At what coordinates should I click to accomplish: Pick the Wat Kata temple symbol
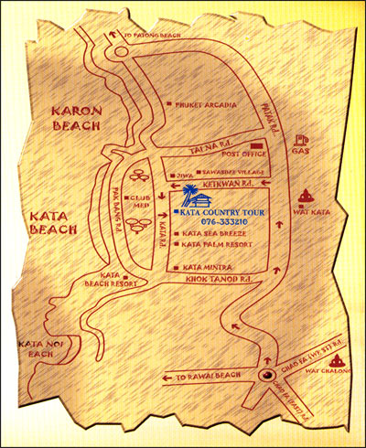(x=304, y=195)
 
